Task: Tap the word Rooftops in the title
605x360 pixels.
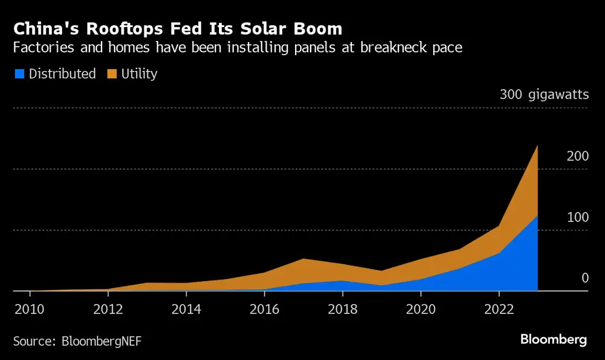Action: tap(109, 28)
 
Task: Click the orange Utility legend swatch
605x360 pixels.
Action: tap(112, 74)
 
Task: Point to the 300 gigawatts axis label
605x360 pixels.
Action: tap(544, 94)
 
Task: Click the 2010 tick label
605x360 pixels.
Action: tap(28, 308)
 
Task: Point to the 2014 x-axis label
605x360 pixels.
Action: tap(186, 308)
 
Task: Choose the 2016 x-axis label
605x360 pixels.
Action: tap(264, 308)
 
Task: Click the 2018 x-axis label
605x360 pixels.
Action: tap(342, 308)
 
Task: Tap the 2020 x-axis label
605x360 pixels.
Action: tap(421, 308)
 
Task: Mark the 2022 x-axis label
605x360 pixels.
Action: tap(499, 308)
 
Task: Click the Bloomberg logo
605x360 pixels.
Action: tap(554, 339)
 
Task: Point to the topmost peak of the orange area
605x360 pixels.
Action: tap(537, 145)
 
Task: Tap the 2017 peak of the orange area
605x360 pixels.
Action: tap(303, 259)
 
